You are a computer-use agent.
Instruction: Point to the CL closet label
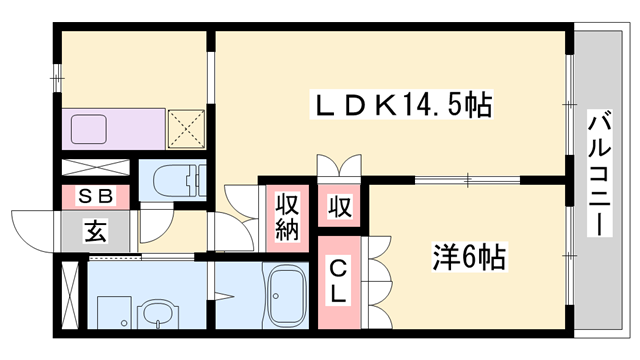340,281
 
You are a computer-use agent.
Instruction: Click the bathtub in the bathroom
289,296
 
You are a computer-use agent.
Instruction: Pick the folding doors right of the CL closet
377,281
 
